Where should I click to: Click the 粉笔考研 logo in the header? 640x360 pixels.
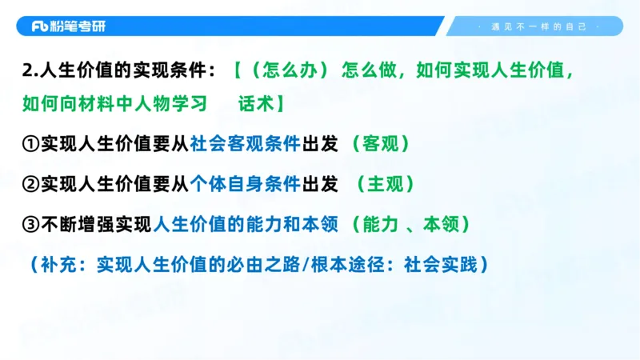coord(69,26)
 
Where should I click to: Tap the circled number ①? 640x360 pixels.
coord(30,144)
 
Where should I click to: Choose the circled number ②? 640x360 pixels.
coord(30,184)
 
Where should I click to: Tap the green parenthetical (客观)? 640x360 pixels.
coord(381,144)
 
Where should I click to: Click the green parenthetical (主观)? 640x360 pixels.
coord(386,184)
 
